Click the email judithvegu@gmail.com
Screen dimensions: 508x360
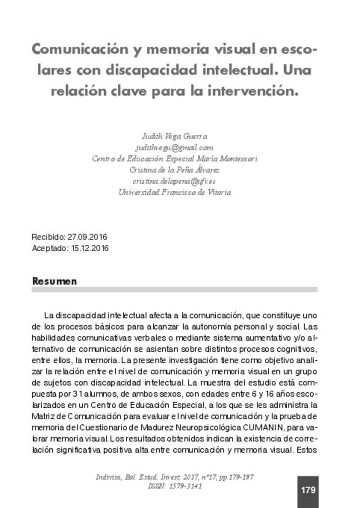click(174, 147)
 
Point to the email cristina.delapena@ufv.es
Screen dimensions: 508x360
click(174, 180)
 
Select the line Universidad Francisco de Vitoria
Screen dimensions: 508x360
click(174, 192)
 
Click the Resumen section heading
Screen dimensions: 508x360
click(55, 280)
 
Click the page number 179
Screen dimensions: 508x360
click(308, 489)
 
